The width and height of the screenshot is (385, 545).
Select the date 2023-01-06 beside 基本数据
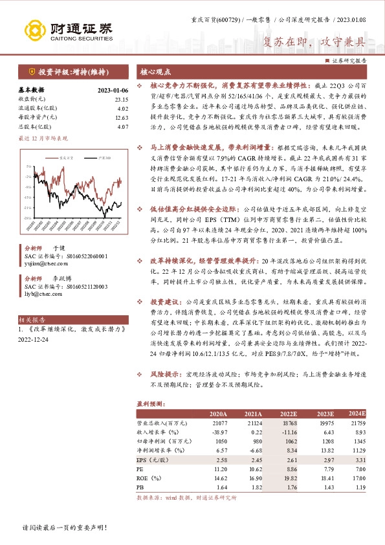pos(113,90)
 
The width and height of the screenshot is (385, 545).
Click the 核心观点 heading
pos(156,72)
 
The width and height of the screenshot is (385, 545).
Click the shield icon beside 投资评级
pos(30,72)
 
